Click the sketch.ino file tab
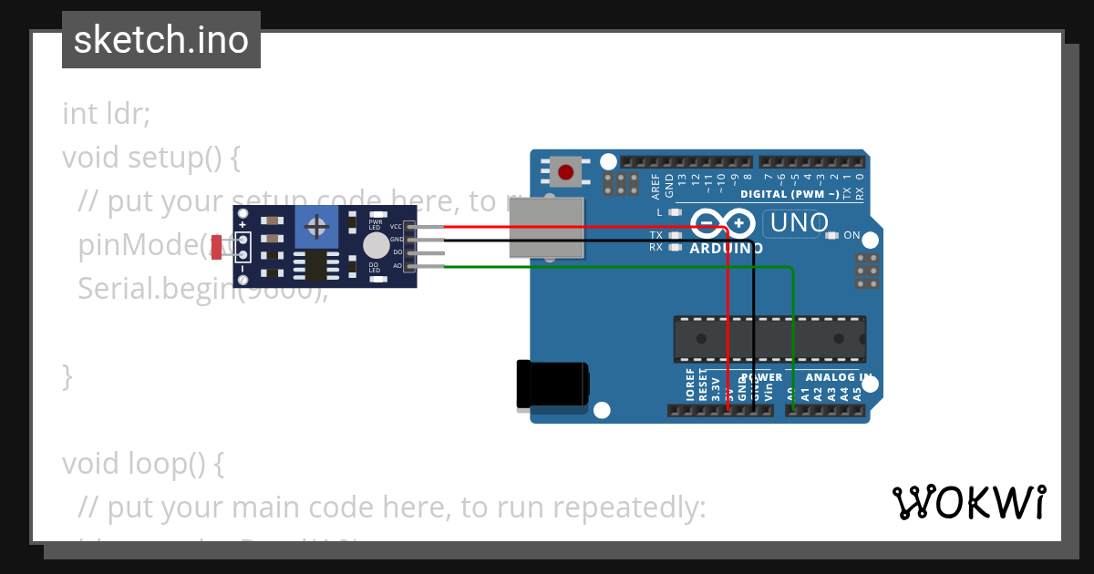click(161, 40)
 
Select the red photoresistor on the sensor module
click(217, 247)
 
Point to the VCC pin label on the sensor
click(396, 226)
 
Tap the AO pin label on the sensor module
click(397, 265)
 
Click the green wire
click(620, 267)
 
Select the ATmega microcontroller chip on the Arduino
click(769, 338)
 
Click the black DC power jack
click(552, 384)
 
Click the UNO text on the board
click(799, 222)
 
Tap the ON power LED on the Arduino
click(831, 236)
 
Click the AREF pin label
click(655, 187)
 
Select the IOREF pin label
click(689, 384)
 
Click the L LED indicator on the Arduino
click(674, 212)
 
